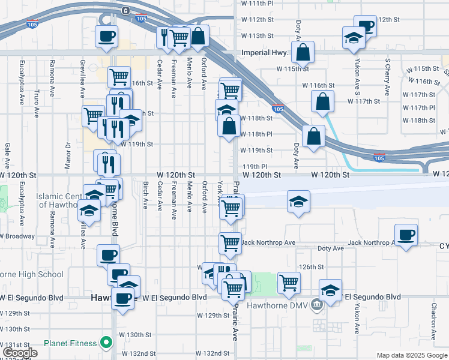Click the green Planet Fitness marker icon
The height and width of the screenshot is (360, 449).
coord(107,343)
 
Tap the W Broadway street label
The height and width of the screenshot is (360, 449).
coord(17,236)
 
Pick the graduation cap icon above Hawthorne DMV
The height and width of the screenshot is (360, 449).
coord(330,290)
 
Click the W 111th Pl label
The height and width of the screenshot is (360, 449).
coord(257,4)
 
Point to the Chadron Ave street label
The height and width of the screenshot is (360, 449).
coord(433,322)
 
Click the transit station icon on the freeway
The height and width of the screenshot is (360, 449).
coord(125,10)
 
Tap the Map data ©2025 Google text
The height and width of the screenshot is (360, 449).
coord(412,355)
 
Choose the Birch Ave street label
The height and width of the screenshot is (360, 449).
coord(146,195)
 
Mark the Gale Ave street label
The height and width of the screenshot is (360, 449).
coord(8,155)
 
